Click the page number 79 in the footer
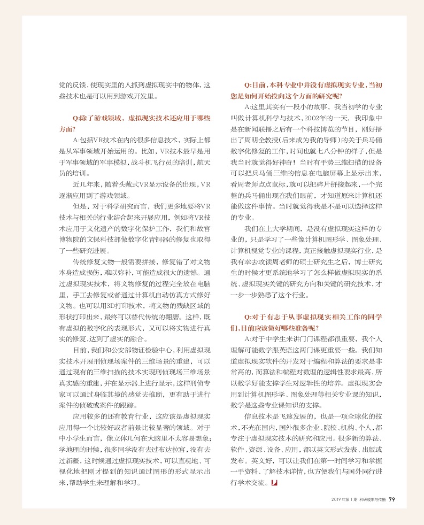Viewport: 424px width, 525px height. [391, 499]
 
